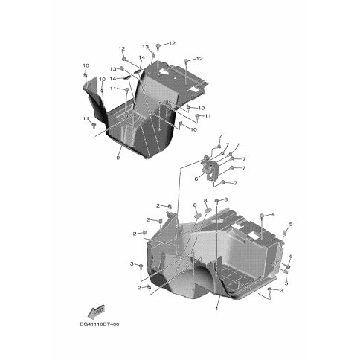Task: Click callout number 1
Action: [x=217, y=309]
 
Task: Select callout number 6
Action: [x=196, y=179]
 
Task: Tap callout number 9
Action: [x=118, y=158]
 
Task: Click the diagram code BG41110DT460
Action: [x=100, y=324]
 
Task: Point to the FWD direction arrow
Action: [x=96, y=312]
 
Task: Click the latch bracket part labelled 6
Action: [x=210, y=169]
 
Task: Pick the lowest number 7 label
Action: [x=235, y=183]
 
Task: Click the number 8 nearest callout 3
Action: [x=205, y=201]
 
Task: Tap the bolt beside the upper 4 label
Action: [x=261, y=216]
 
